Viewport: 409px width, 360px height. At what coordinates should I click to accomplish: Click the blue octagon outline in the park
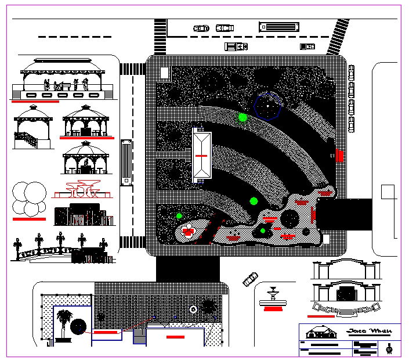click(x=268, y=106)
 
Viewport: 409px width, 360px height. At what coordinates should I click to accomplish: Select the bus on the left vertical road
click(x=125, y=162)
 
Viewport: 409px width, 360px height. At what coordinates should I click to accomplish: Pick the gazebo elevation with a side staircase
click(x=32, y=125)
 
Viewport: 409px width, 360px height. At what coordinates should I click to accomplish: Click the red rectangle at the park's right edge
click(x=339, y=156)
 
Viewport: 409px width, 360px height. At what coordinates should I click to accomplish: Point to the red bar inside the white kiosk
click(x=201, y=156)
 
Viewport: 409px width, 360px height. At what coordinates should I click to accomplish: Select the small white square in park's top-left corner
click(x=164, y=73)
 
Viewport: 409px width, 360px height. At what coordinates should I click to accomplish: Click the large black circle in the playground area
click(x=289, y=219)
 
